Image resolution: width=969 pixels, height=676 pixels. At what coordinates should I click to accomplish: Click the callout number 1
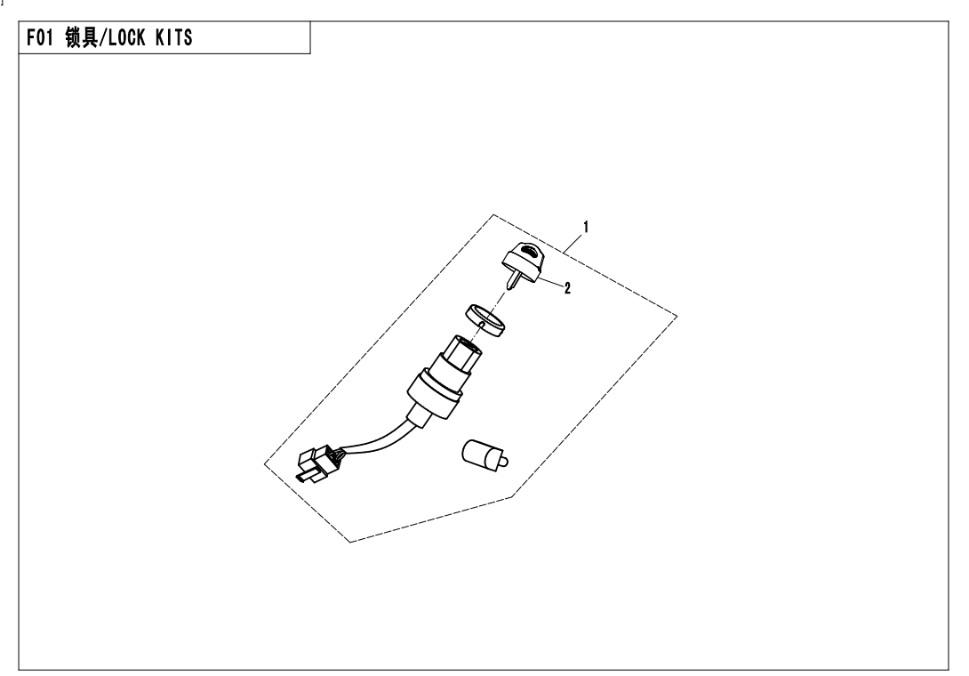[x=585, y=227]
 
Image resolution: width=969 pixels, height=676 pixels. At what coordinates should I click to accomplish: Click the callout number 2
[x=567, y=287]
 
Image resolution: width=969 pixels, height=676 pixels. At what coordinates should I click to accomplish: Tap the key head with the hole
[x=524, y=258]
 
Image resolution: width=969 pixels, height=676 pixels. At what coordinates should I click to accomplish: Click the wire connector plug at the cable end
[x=316, y=464]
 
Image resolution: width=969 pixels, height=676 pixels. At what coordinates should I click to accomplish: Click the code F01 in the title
[x=40, y=37]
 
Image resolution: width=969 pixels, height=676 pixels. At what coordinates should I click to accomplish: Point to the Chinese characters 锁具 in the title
[x=81, y=37]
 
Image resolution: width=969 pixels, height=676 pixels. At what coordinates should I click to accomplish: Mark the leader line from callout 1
[x=573, y=243]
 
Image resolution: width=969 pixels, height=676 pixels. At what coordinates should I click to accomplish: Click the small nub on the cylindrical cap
[x=504, y=461]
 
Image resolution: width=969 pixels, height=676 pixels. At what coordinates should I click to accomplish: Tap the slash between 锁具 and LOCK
[x=103, y=37]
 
